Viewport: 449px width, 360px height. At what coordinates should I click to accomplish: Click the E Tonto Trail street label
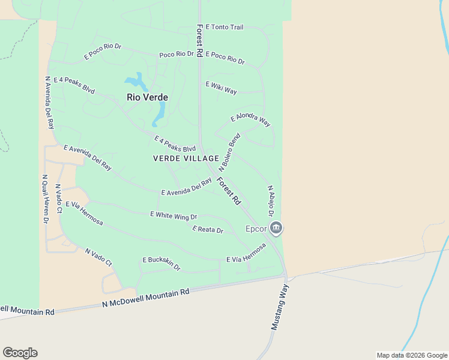pyautogui.click(x=225, y=28)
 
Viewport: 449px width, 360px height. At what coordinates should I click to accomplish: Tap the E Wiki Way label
pyautogui.click(x=221, y=88)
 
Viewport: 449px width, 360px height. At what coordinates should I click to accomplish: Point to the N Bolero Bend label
pyautogui.click(x=229, y=153)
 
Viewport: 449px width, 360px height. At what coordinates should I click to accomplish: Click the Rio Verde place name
pyautogui.click(x=147, y=97)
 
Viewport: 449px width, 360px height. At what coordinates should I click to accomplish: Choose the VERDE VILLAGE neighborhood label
pyautogui.click(x=186, y=158)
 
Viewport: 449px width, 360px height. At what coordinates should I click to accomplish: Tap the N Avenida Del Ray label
pyautogui.click(x=49, y=102)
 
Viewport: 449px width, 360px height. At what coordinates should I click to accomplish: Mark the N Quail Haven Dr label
pyautogui.click(x=45, y=199)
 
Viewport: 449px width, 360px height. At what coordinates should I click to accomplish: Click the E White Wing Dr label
pyautogui.click(x=173, y=215)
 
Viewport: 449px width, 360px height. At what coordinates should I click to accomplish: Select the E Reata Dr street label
pyautogui.click(x=208, y=229)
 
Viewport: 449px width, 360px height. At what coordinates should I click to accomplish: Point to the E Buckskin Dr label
pyautogui.click(x=161, y=263)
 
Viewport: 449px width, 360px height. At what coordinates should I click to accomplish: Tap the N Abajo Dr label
pyautogui.click(x=271, y=200)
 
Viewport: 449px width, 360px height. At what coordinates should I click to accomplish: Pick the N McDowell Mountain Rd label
pyautogui.click(x=145, y=298)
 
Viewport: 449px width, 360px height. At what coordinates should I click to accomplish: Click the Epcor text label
pyautogui.click(x=255, y=229)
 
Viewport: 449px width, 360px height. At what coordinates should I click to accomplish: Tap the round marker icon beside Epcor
pyautogui.click(x=276, y=228)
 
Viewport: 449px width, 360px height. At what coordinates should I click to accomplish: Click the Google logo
pyautogui.click(x=20, y=353)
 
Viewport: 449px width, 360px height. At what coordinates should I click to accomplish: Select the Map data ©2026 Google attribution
pyautogui.click(x=411, y=355)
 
